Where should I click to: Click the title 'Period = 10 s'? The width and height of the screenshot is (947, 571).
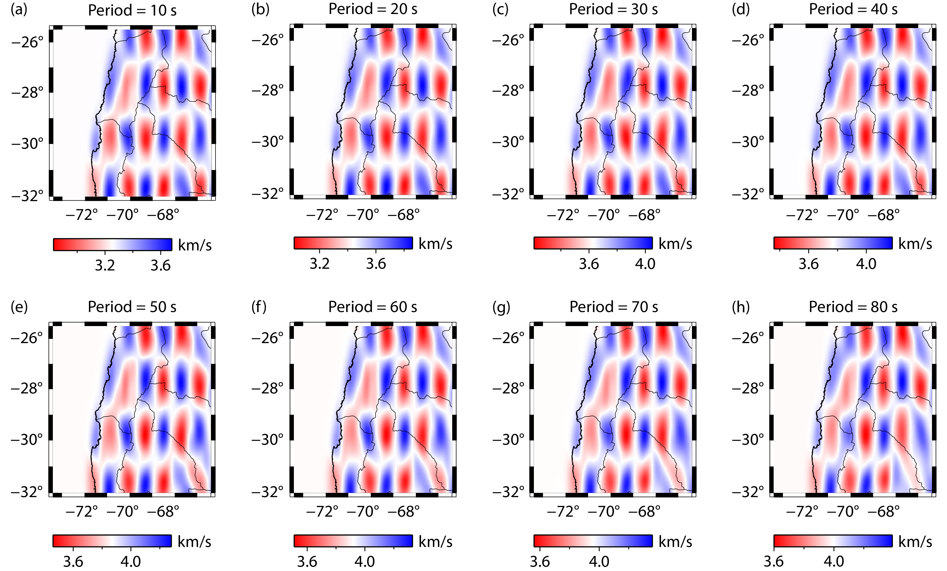pos(132,10)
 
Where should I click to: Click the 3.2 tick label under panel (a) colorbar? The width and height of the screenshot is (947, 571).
pos(104,265)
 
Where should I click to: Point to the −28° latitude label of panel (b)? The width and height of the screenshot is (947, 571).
pos(268,91)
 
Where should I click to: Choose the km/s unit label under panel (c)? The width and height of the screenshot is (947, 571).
pos(675,244)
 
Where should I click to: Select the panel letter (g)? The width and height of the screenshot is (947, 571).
pos(501,307)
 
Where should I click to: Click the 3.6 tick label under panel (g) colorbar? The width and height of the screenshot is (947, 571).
pos(540,561)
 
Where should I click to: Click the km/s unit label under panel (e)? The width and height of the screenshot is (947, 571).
pos(194,541)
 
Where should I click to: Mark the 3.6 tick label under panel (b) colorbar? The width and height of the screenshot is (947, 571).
pos(376,264)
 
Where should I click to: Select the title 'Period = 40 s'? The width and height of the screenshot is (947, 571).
pos(853,9)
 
